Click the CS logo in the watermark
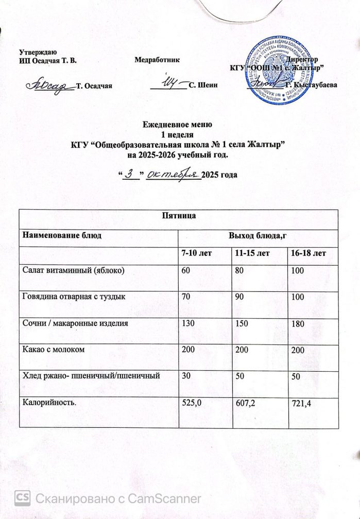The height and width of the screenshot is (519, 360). coord(22,498)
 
